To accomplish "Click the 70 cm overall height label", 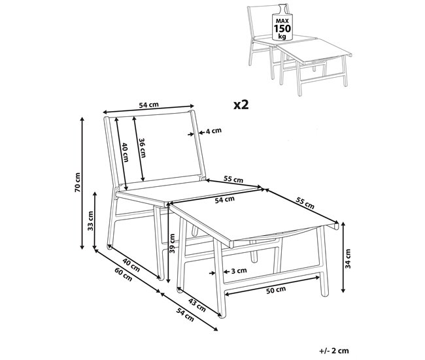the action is [x=78, y=182].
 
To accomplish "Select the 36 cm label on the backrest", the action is [x=143, y=148].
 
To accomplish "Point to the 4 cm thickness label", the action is [x=214, y=131].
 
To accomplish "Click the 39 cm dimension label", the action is [x=172, y=243].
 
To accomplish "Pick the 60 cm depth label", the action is [x=124, y=274].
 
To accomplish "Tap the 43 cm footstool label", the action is [x=197, y=304].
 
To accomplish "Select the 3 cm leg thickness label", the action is [x=239, y=270].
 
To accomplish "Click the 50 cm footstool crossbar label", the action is [x=276, y=290].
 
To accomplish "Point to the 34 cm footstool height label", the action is [x=348, y=259].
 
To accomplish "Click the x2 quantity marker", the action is [x=241, y=105].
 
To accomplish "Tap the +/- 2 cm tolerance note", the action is [x=334, y=350].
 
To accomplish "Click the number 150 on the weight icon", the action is [x=282, y=29].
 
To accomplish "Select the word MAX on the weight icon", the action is [x=282, y=21].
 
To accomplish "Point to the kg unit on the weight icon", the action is [x=282, y=37].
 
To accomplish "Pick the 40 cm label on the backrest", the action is [x=125, y=152].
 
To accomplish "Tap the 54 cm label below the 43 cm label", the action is [x=186, y=314].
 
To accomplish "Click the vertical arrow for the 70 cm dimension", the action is [x=82, y=184].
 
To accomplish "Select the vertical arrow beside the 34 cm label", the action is [x=343, y=257].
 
